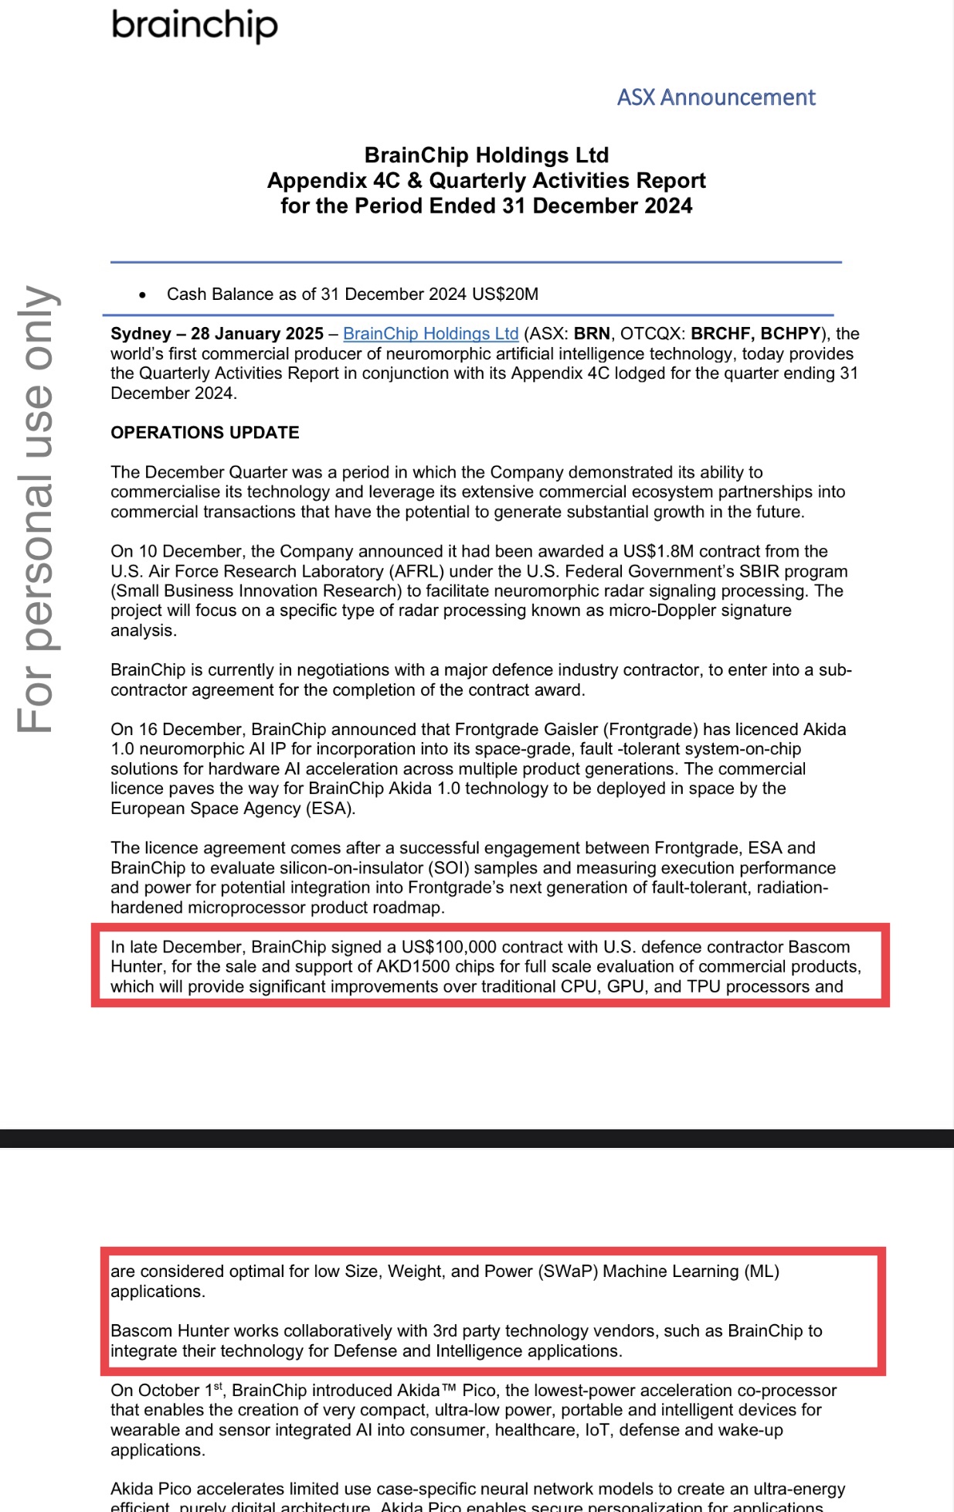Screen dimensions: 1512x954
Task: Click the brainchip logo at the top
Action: click(x=195, y=26)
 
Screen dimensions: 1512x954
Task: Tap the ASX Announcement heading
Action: click(x=715, y=97)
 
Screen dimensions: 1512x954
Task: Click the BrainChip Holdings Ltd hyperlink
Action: click(x=430, y=334)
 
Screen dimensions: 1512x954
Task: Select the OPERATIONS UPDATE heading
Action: click(x=205, y=433)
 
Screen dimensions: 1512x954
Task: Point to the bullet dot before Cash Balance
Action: click(x=142, y=295)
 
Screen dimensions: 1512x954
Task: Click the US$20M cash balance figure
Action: click(x=505, y=295)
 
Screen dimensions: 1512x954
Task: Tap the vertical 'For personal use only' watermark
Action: click(x=36, y=509)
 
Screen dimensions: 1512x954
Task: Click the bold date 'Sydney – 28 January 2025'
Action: click(x=217, y=334)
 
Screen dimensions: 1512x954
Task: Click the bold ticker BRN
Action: click(x=592, y=334)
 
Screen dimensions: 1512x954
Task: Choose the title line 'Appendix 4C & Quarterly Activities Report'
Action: click(x=486, y=181)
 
